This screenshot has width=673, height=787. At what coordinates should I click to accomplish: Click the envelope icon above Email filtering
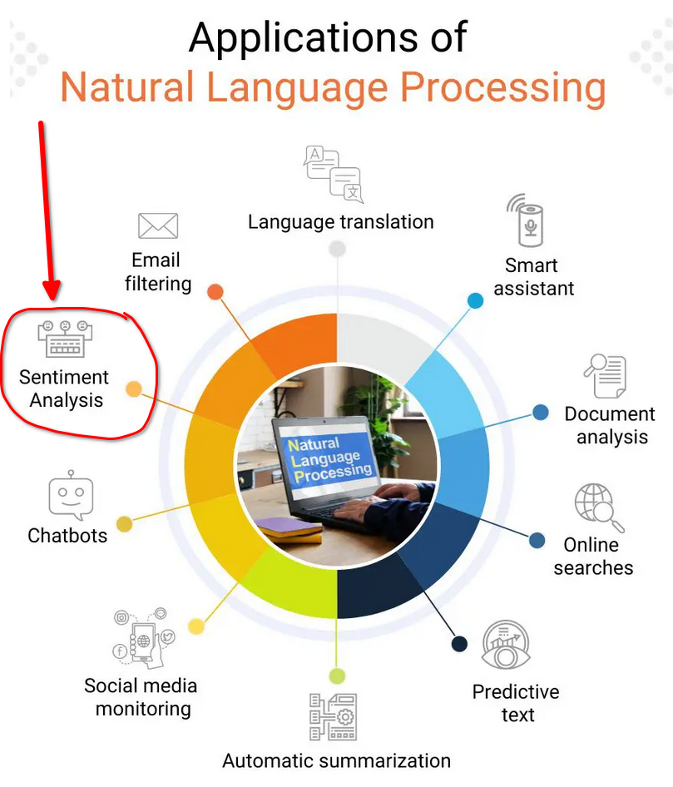[158, 225]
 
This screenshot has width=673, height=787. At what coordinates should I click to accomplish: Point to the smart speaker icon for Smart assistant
[528, 220]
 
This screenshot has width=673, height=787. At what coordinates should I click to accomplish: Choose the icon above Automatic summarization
[333, 716]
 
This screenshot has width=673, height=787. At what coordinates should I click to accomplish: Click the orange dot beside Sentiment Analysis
[133, 389]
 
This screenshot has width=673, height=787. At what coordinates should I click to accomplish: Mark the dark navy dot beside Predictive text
[459, 644]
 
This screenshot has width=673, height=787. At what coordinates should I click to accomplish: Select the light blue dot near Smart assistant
[475, 300]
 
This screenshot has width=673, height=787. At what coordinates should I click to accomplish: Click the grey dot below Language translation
[337, 248]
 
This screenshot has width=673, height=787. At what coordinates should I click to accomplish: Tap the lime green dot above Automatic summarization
[337, 676]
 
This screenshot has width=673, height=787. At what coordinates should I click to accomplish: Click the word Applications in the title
[328, 37]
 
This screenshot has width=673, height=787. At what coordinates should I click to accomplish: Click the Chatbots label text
[67, 536]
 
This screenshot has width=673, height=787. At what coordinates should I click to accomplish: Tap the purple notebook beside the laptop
[288, 528]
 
